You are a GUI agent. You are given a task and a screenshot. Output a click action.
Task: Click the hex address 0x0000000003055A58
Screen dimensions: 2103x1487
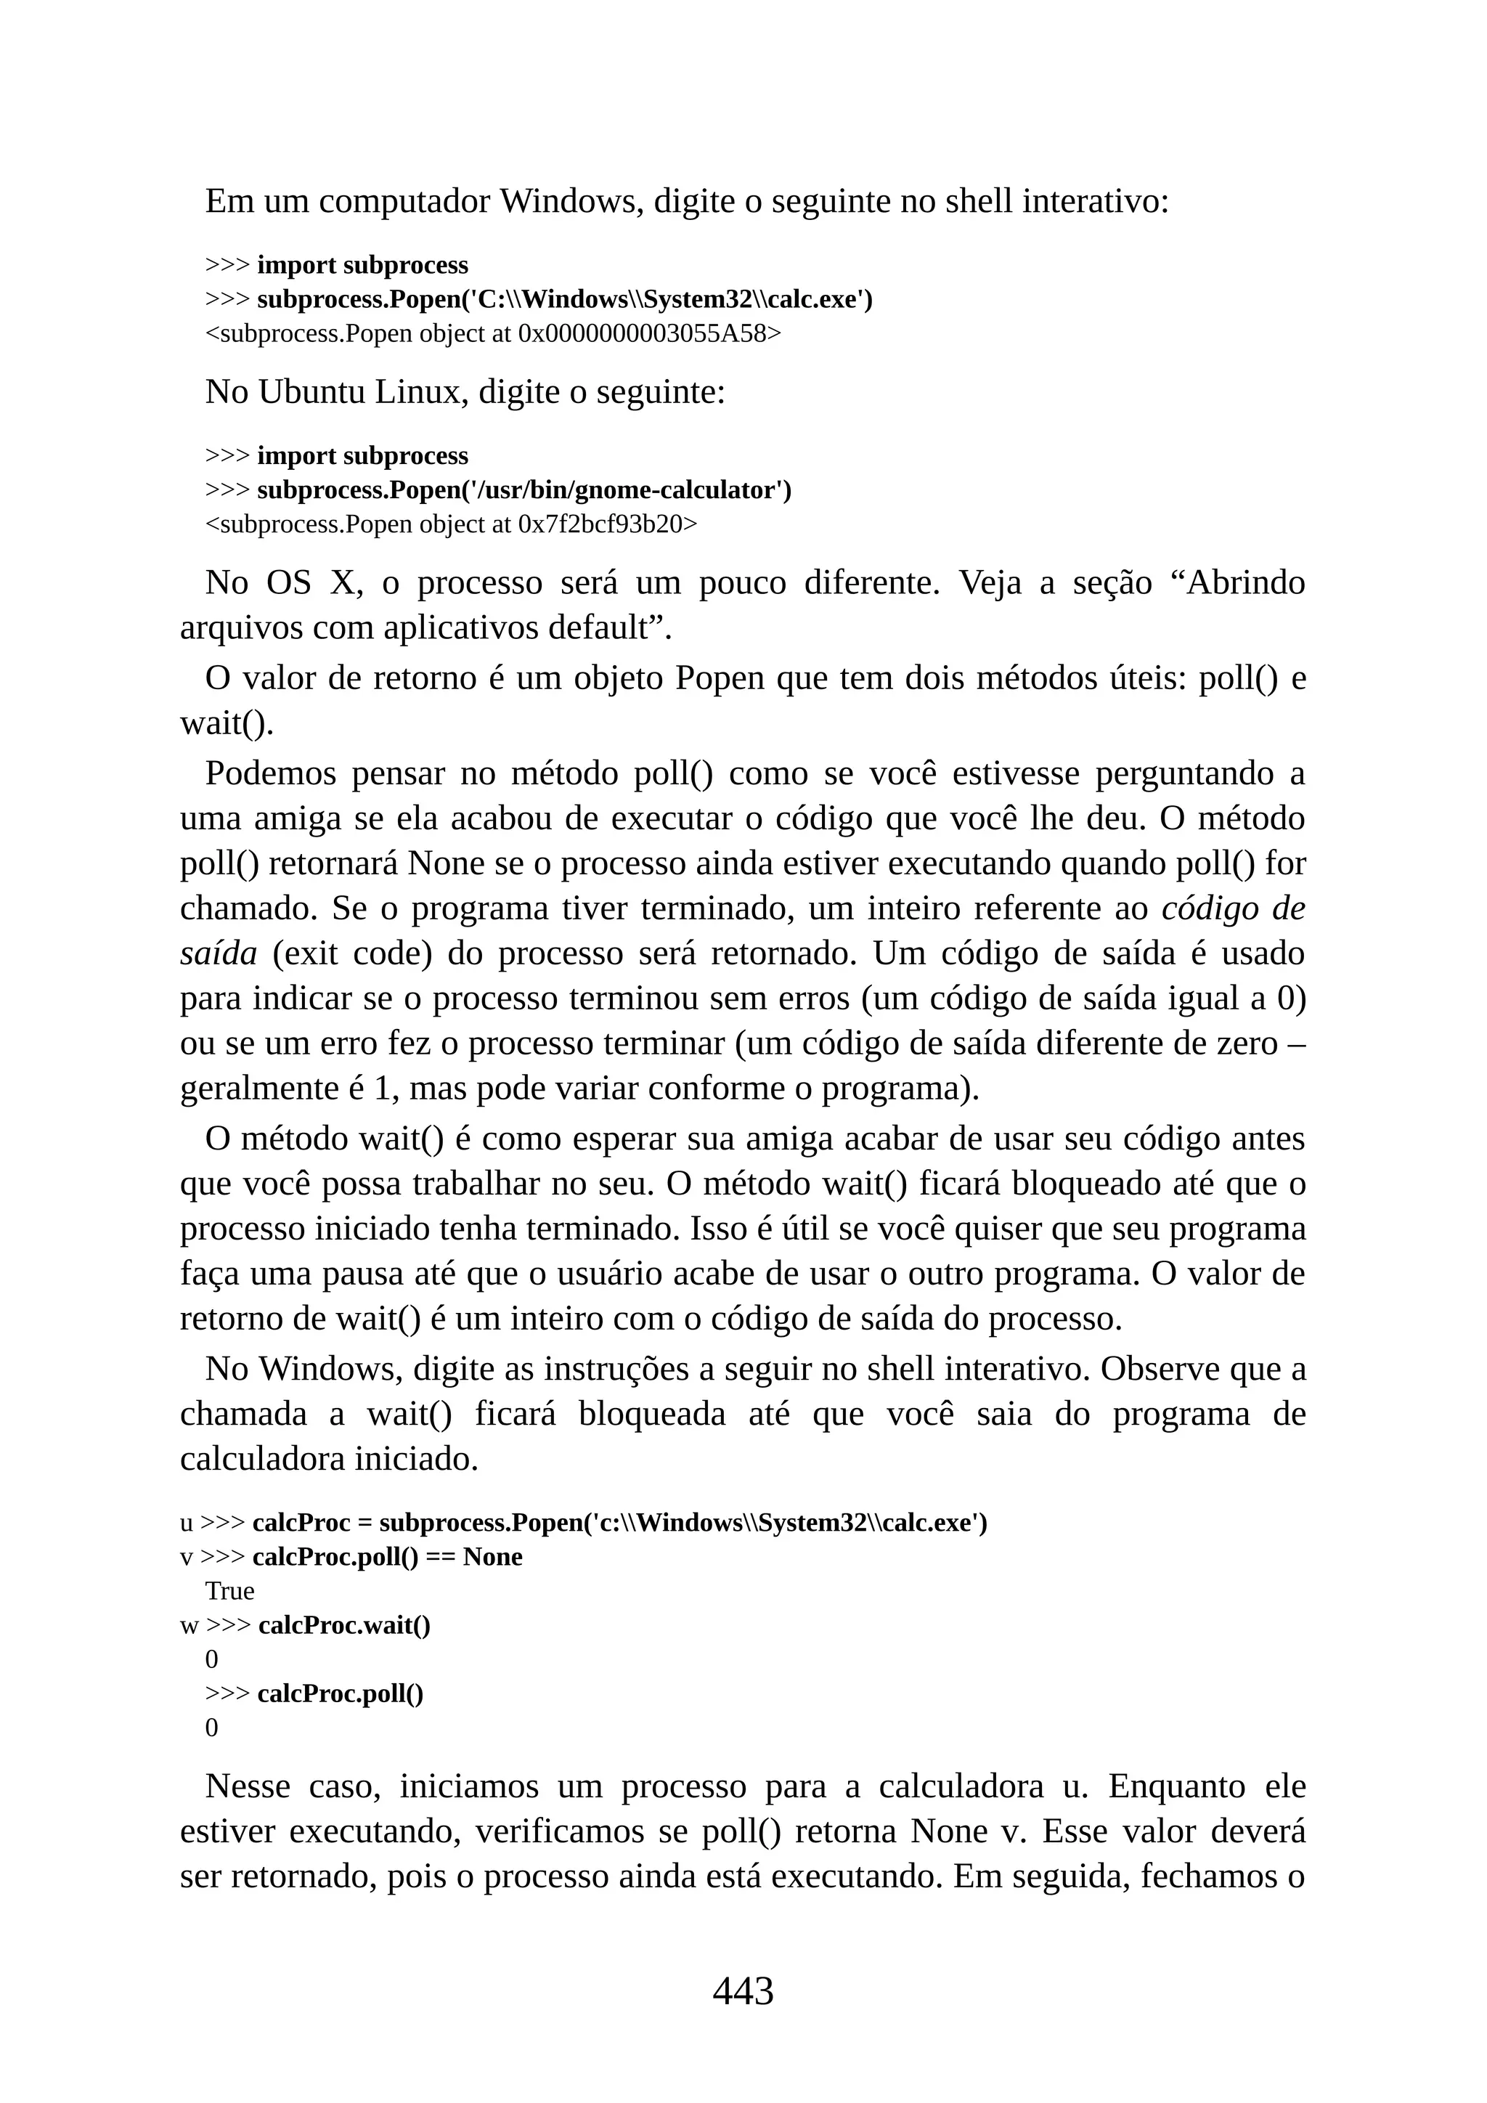pos(649,333)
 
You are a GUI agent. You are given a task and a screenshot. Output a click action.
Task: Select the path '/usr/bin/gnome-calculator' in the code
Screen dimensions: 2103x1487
pos(624,490)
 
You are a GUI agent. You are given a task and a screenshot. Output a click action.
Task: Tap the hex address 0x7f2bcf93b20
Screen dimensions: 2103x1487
pos(607,524)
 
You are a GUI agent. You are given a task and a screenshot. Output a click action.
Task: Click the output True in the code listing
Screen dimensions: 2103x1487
pos(229,1591)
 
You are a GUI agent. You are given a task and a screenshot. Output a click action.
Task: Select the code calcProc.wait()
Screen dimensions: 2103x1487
pos(344,1625)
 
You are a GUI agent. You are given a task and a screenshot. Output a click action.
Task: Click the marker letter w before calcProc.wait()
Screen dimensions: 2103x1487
pos(189,1626)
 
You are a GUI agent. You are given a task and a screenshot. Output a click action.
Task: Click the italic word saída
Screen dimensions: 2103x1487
pos(218,953)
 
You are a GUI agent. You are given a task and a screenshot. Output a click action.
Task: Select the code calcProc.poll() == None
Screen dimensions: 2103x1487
pos(387,1557)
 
